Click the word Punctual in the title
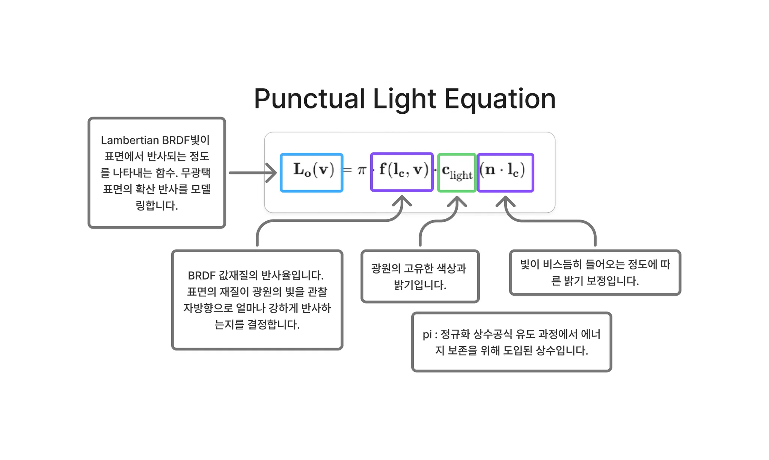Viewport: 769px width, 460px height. pos(309,99)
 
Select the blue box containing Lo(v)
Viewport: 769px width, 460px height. pos(312,173)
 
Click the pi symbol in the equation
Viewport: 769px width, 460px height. pos(362,170)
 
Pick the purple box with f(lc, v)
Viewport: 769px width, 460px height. pos(402,172)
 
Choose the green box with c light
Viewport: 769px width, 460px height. pos(457,173)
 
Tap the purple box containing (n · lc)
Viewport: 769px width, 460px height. pos(505,173)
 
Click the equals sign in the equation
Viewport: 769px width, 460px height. pos(348,170)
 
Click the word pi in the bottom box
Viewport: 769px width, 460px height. pos(427,334)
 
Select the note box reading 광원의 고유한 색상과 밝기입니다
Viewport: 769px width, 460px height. pos(420,276)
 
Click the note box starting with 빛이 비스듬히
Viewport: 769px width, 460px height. pos(595,272)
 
